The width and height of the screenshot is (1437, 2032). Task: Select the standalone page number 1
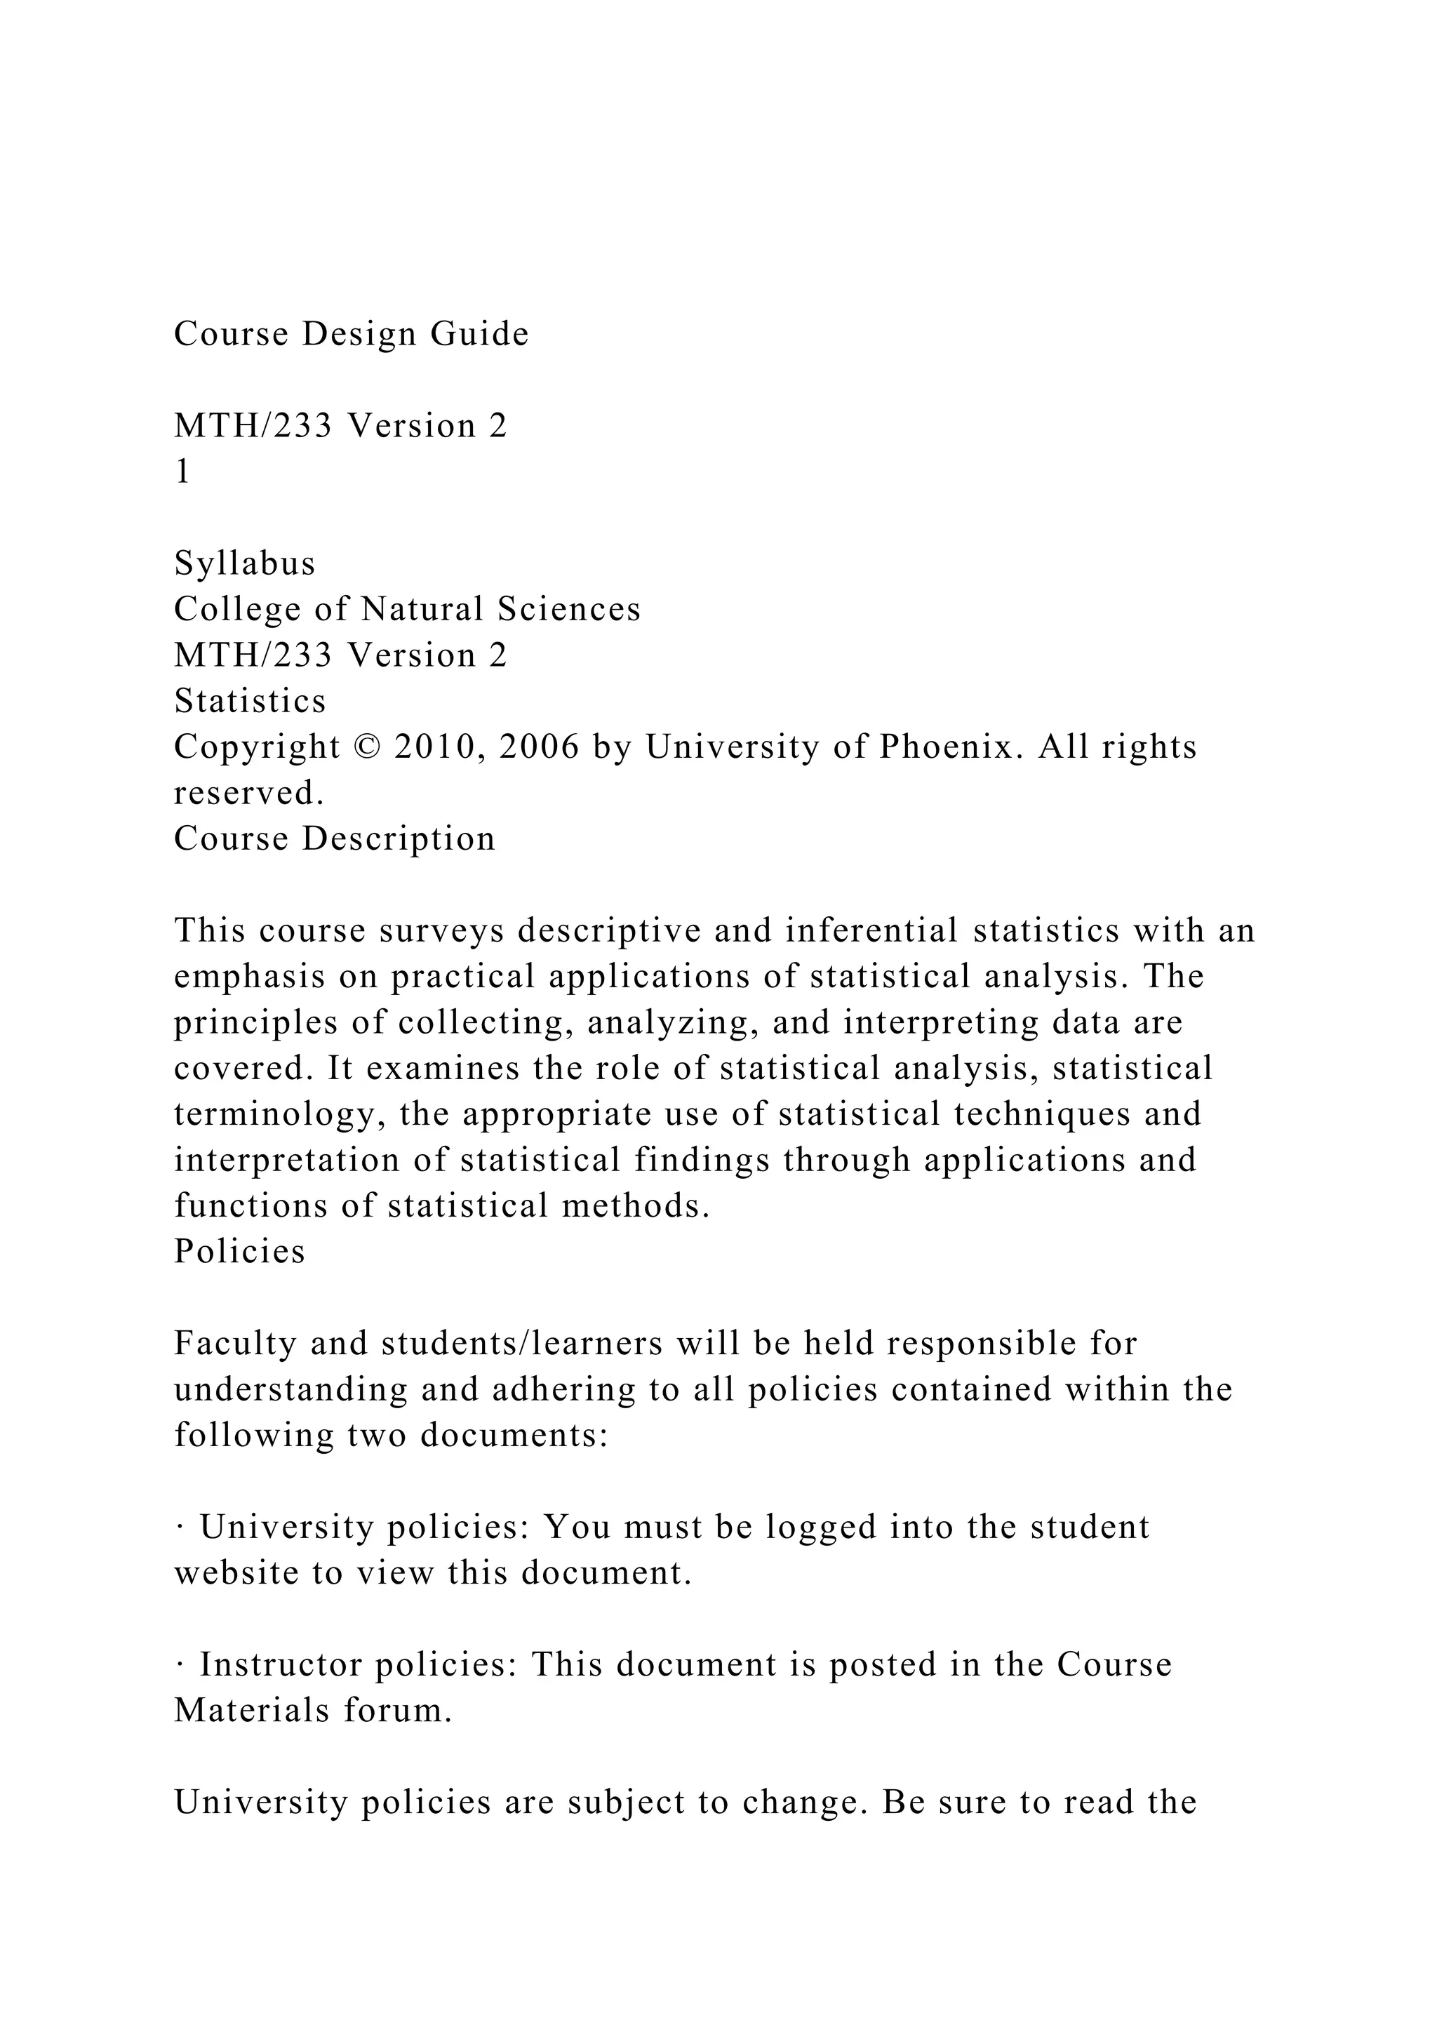pos(182,473)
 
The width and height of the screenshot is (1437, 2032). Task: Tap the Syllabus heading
pos(244,563)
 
